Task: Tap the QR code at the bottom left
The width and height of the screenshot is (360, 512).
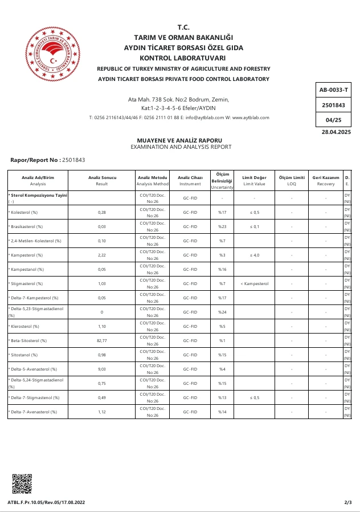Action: coord(22,483)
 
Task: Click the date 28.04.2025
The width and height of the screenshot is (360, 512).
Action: coord(336,132)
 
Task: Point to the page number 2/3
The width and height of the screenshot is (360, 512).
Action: coord(348,502)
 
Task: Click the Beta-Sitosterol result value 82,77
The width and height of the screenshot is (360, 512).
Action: coord(102,340)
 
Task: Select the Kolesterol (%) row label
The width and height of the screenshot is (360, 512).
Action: coord(23,212)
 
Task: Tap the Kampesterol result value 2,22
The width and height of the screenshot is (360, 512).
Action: coord(102,255)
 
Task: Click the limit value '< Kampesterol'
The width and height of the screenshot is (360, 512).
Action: coord(254,283)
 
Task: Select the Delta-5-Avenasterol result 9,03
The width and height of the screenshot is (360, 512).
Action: coord(102,369)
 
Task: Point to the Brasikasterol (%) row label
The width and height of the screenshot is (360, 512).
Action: coord(26,226)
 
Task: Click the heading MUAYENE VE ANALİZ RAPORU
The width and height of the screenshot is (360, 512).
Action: coord(179,140)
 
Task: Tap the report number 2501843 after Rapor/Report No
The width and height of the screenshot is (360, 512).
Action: coord(73,160)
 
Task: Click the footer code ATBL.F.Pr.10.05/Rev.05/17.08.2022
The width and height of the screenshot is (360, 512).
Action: coord(46,502)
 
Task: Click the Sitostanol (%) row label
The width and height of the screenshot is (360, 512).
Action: coord(23,355)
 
